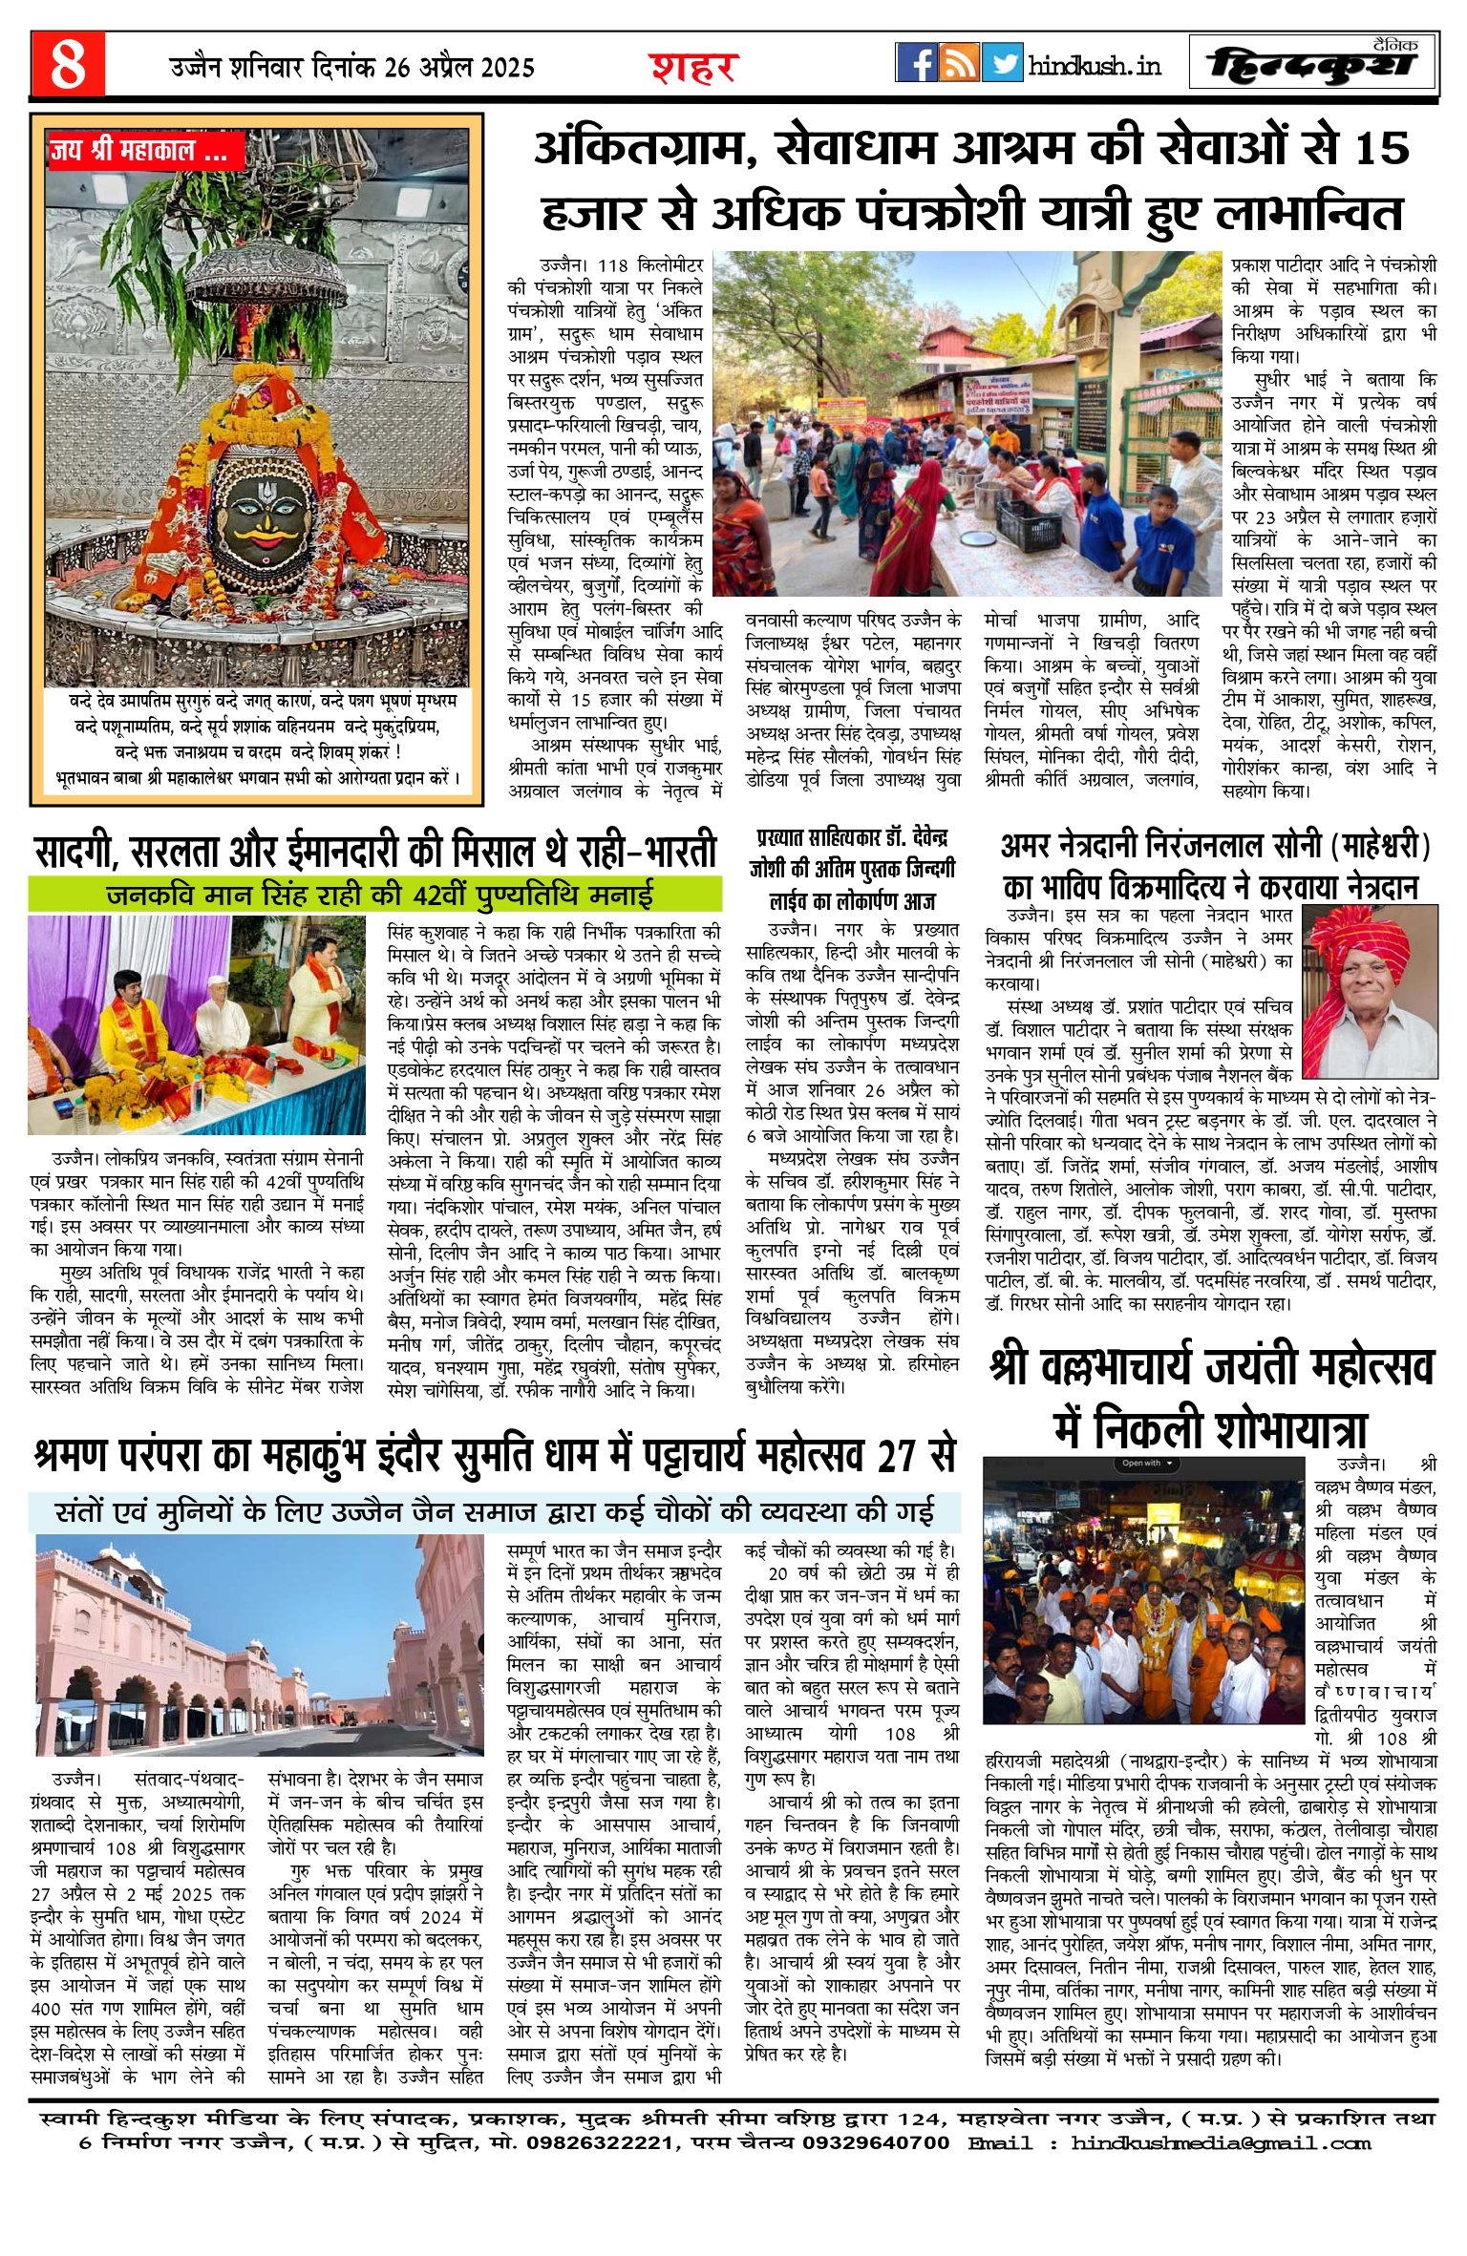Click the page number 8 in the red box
click(68, 64)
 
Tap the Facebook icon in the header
click(917, 62)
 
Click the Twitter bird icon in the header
click(1002, 62)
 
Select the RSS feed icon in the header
click(959, 62)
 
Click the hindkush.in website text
click(1095, 66)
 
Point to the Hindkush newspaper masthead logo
click(1313, 64)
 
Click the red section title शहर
click(694, 68)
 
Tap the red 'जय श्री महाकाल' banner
click(143, 150)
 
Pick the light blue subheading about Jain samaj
click(494, 1512)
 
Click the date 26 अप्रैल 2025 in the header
click(460, 68)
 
